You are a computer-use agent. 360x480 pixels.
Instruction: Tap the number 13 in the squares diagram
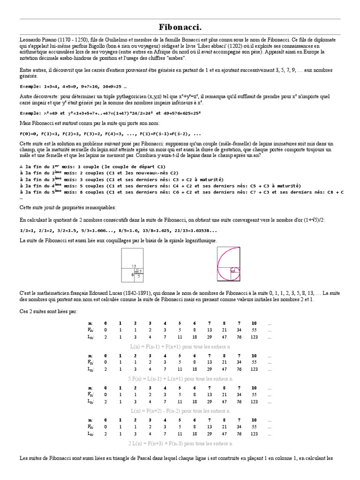pos(134,265)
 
